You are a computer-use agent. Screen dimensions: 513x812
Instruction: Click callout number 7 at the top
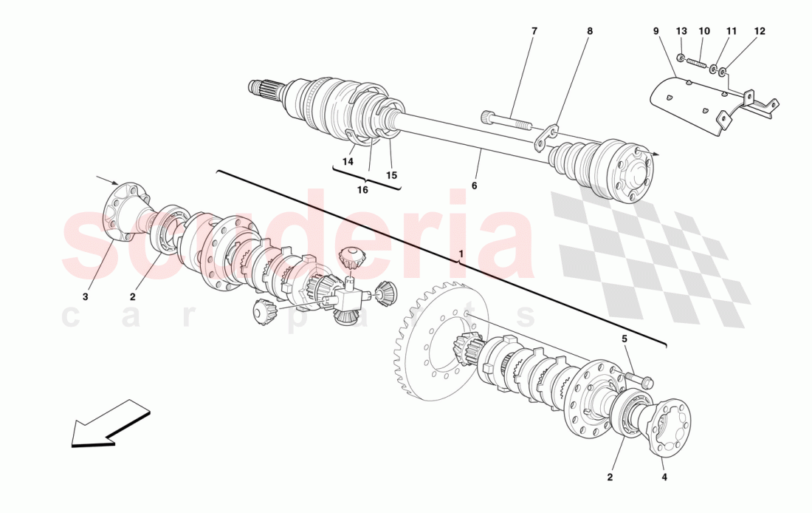click(x=534, y=31)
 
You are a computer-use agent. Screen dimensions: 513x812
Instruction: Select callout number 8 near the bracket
click(x=589, y=31)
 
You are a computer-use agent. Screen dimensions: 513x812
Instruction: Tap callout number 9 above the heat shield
click(x=656, y=31)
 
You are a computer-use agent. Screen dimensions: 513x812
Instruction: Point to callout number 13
click(x=681, y=31)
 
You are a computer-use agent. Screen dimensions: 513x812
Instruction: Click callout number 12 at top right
click(x=760, y=31)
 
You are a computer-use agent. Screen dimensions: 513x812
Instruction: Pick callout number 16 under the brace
click(x=362, y=190)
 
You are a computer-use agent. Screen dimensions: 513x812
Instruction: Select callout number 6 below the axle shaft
click(x=474, y=186)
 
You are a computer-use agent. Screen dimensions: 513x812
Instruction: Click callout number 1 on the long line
click(x=461, y=254)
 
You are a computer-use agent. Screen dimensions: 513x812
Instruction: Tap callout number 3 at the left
click(x=85, y=296)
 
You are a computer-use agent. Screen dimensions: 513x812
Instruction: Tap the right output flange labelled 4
click(x=668, y=427)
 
